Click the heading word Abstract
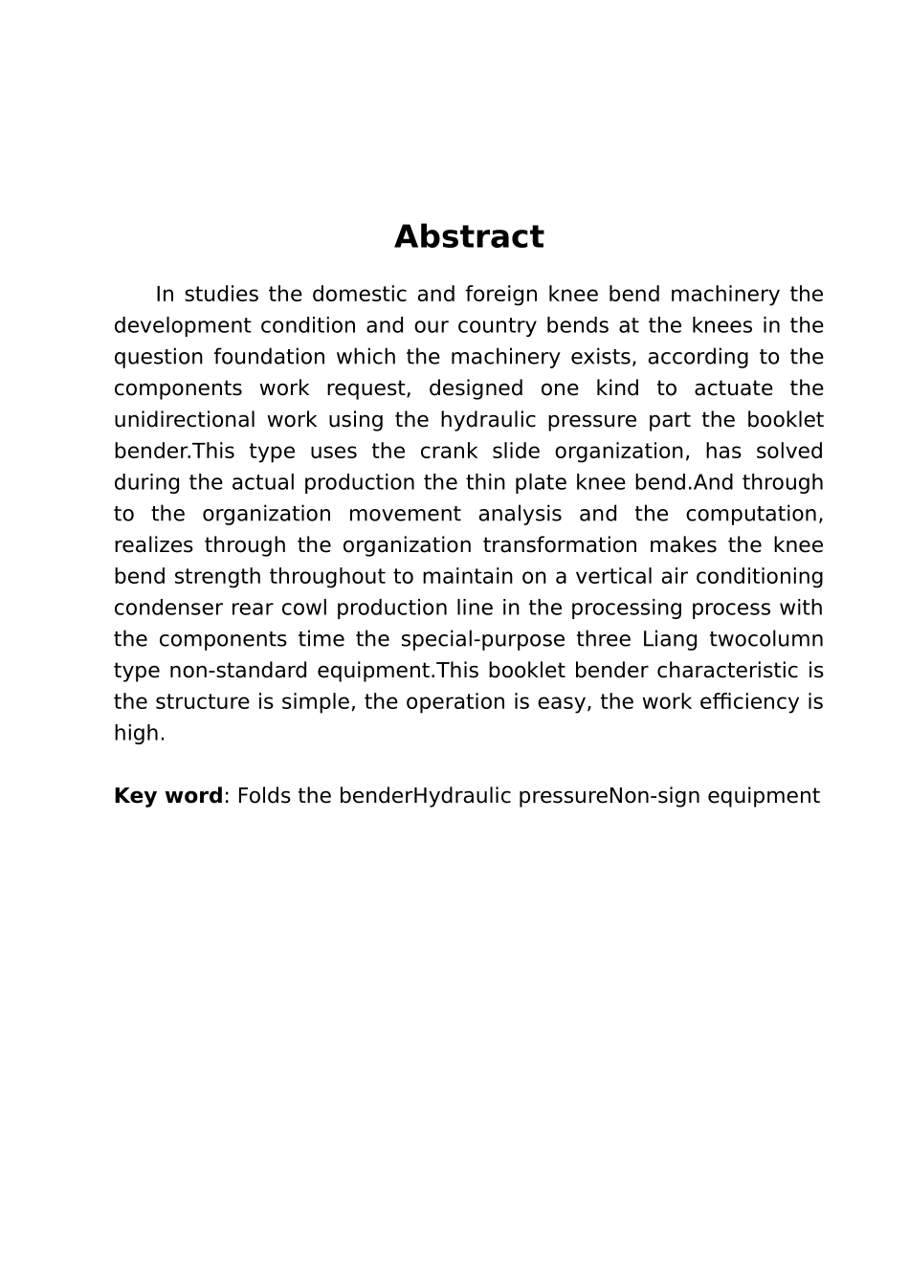[x=469, y=236]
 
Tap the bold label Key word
[x=167, y=796]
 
